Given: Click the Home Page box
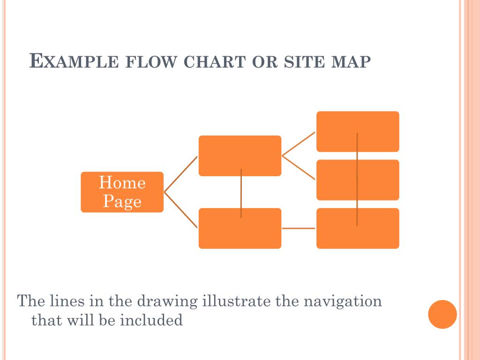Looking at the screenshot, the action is (122, 192).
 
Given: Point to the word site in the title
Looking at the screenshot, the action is (300, 62).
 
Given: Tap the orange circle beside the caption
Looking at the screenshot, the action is (442, 314).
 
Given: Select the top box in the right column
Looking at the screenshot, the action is (358, 131).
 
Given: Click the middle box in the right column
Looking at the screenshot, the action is (358, 180).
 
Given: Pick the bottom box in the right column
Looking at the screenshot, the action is (358, 228).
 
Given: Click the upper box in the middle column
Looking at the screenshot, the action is (240, 156).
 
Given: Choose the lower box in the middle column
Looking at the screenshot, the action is (240, 228).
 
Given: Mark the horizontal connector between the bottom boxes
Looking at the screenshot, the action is (299, 228).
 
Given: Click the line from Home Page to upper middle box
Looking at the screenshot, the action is (180, 174).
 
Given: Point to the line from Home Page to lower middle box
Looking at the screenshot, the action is (180, 210).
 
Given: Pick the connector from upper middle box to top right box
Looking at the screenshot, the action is (299, 143).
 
